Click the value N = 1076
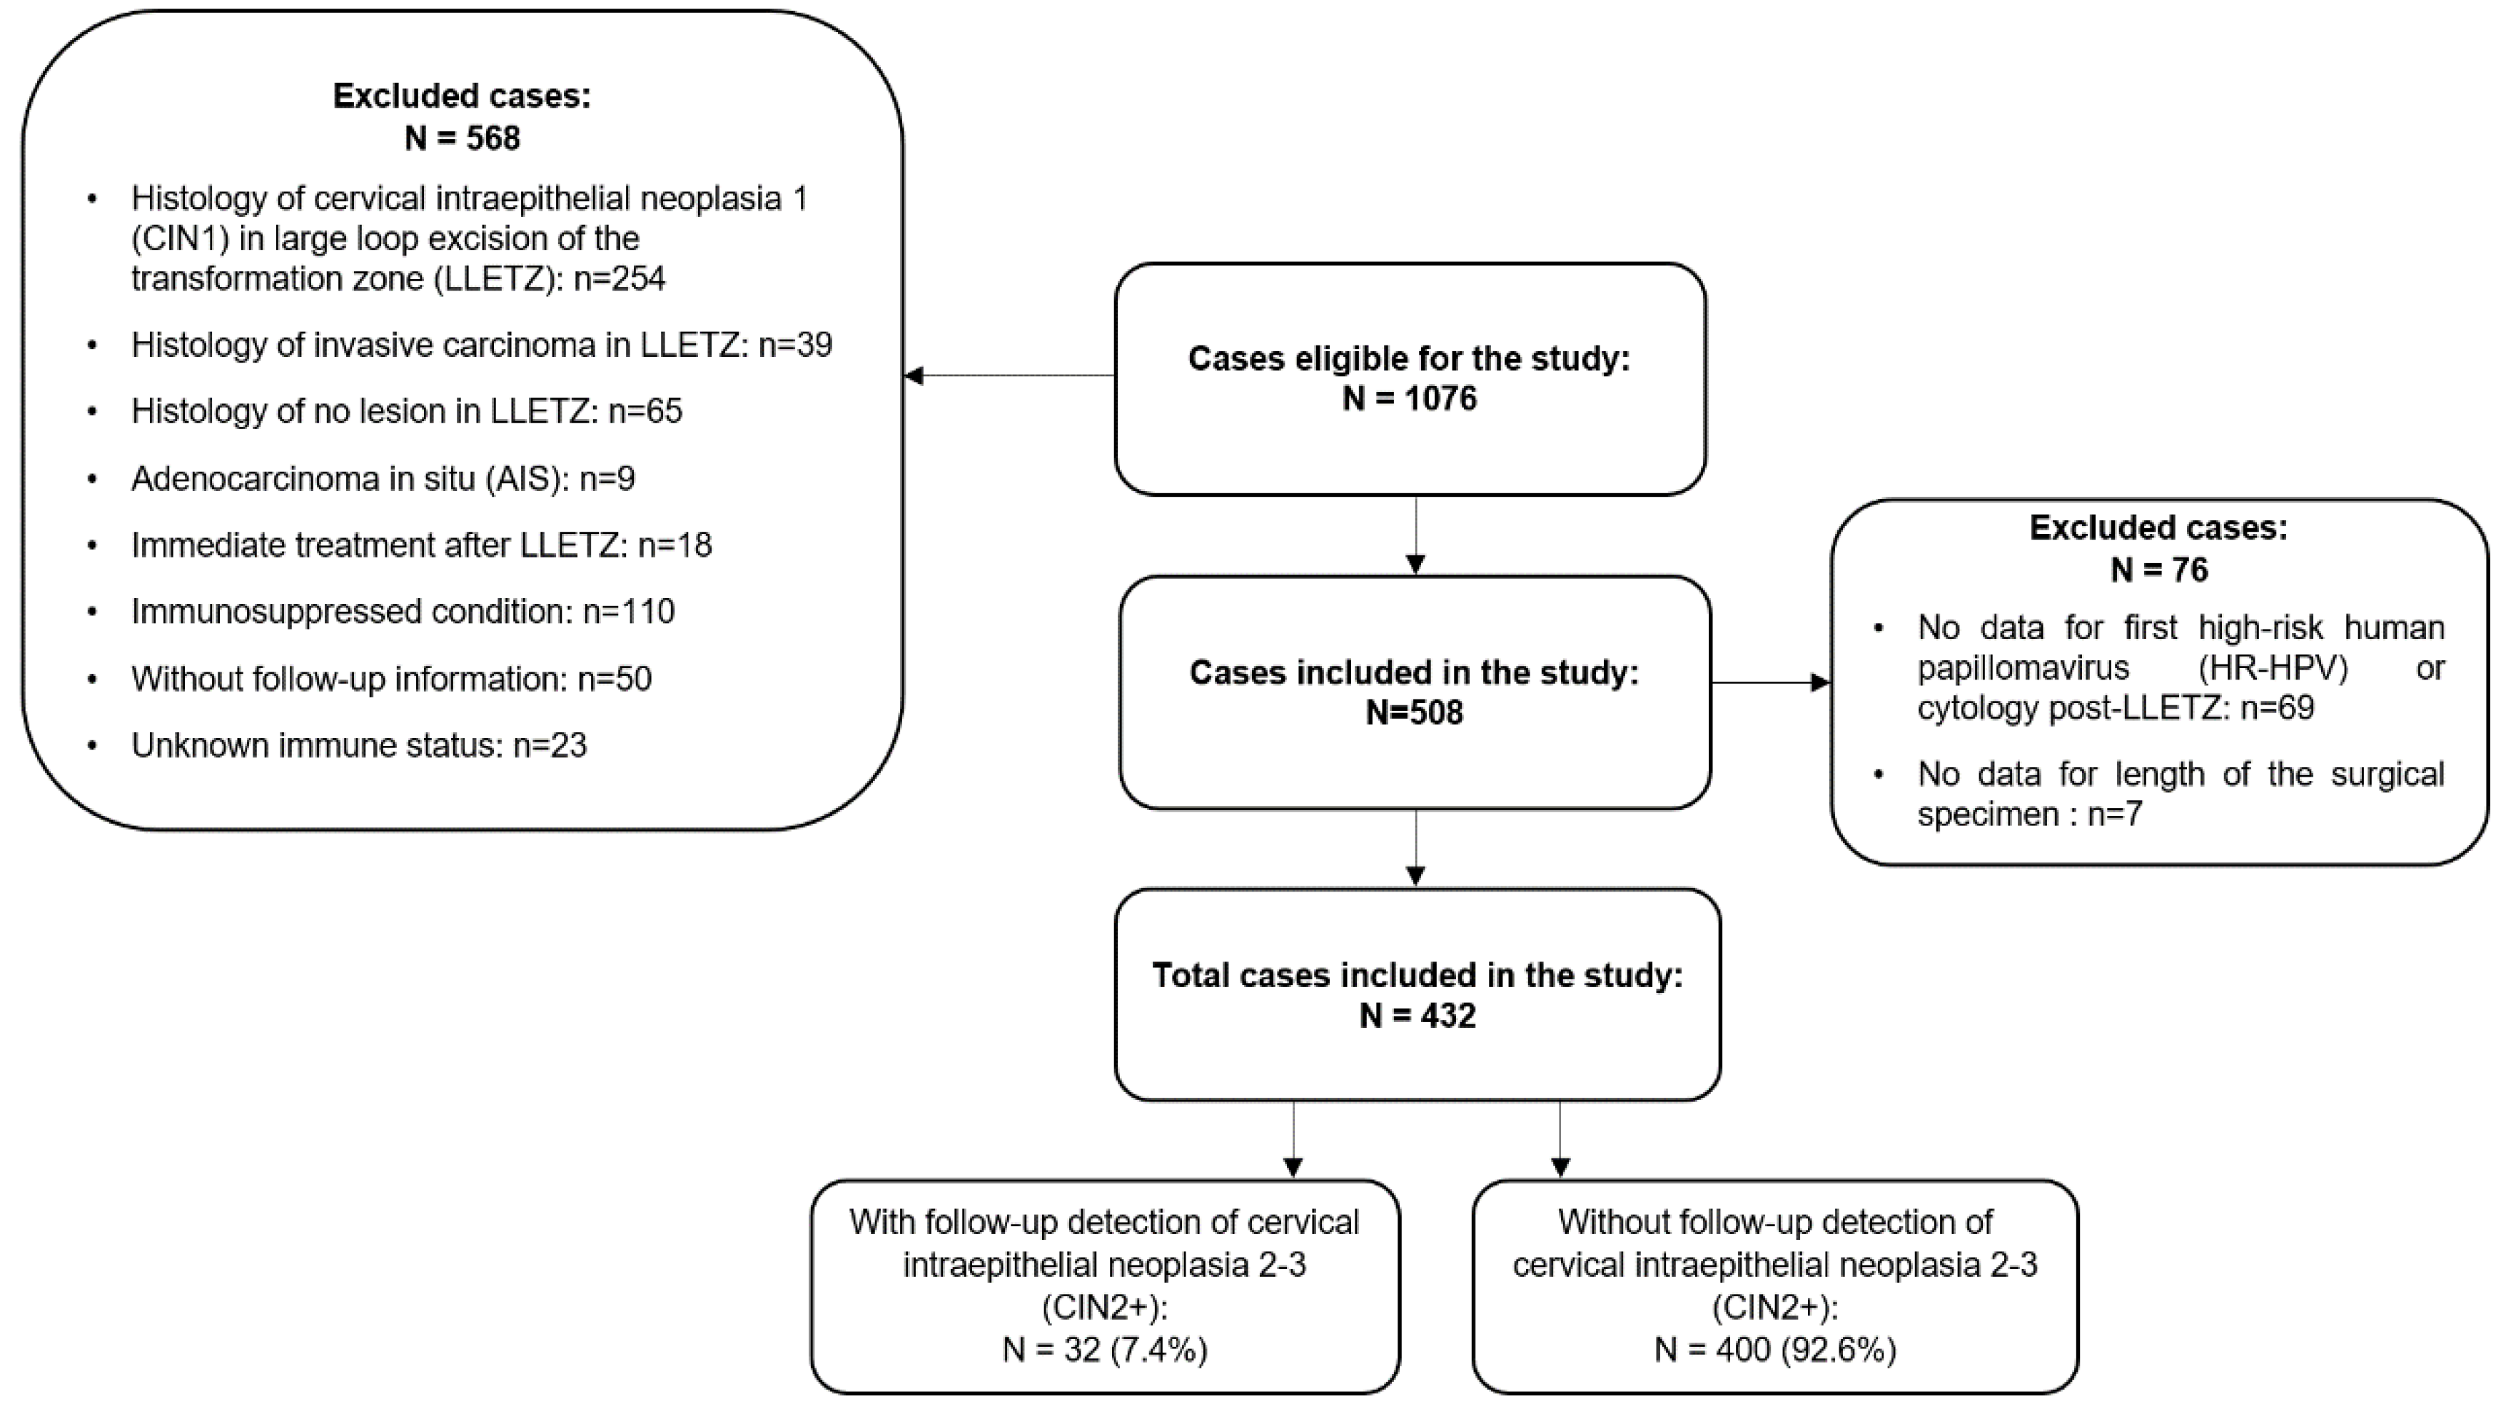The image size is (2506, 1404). point(1409,399)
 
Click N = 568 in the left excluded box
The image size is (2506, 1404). point(462,139)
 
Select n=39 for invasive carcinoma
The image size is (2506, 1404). point(795,345)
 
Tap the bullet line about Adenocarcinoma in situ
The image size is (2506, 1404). point(383,480)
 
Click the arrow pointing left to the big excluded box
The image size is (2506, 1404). point(919,375)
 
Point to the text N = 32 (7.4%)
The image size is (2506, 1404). point(1104,1350)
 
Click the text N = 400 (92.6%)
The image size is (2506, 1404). point(1774,1350)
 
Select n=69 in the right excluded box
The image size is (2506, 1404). point(2276,708)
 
